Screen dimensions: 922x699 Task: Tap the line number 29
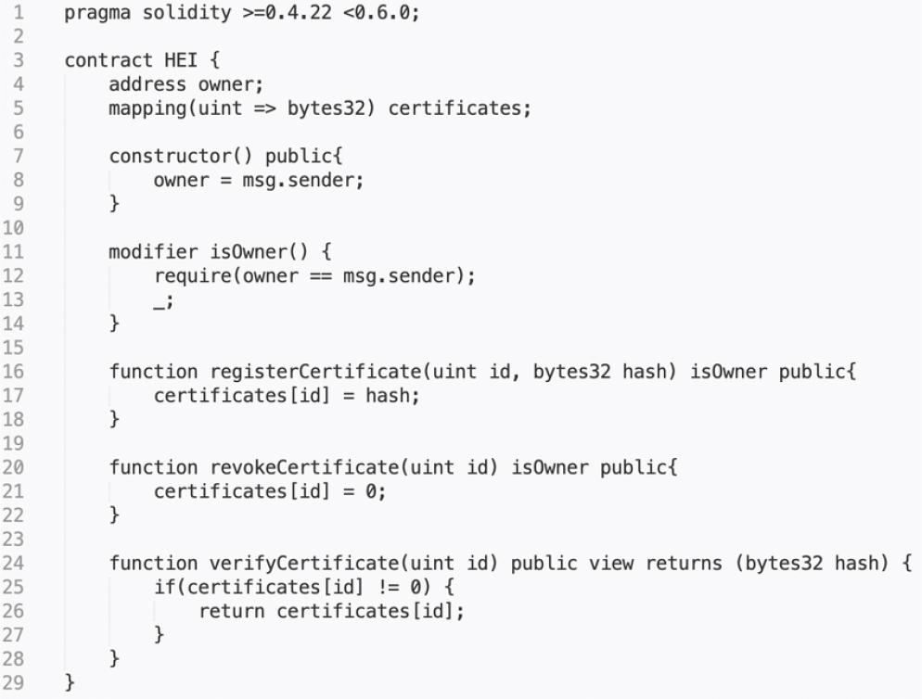(13, 682)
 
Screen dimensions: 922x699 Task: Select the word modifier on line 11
(153, 251)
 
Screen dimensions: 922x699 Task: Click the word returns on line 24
(684, 564)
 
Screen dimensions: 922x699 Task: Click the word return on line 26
(232, 612)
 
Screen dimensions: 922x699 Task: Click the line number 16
(13, 372)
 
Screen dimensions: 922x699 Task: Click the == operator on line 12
(320, 276)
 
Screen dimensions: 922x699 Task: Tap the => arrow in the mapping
(264, 108)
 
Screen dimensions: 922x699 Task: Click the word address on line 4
(147, 84)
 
